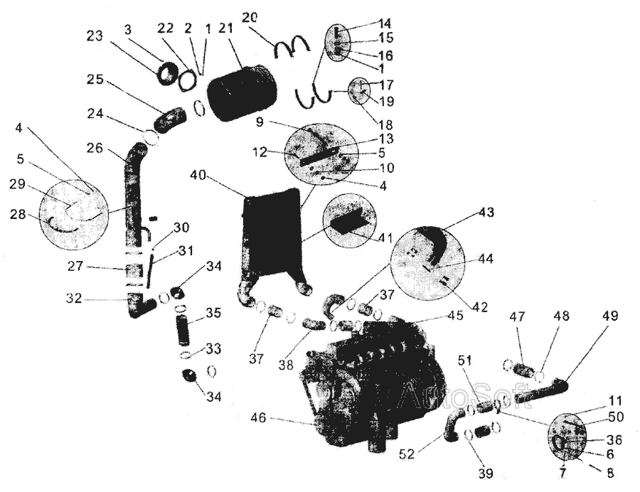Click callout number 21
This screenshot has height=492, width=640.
pyautogui.click(x=226, y=28)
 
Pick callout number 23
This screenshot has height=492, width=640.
pyautogui.click(x=95, y=36)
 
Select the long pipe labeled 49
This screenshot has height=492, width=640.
pyautogui.click(x=540, y=392)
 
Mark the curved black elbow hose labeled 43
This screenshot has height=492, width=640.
pyautogui.click(x=433, y=242)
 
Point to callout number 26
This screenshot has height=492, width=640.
pyautogui.click(x=95, y=149)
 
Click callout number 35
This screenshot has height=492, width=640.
pyautogui.click(x=213, y=312)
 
